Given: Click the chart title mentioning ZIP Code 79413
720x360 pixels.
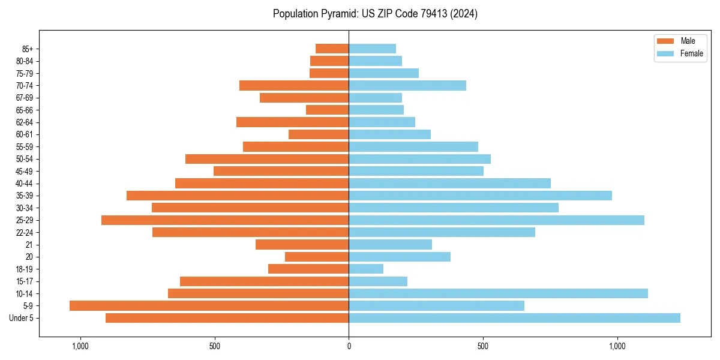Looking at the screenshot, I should pos(375,14).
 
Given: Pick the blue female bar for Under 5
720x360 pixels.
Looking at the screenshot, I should pos(514,318).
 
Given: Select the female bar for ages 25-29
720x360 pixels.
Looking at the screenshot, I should pos(496,220).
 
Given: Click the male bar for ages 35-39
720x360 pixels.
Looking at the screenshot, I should pos(238,196).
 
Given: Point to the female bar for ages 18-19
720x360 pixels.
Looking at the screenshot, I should pos(366,269).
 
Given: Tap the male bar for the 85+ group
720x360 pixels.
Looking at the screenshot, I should pos(332,49).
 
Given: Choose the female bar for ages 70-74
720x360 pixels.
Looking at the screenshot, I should pos(407,86).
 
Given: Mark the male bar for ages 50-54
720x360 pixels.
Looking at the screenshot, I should pos(267,159).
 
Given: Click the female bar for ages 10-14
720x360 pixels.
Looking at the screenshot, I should pos(498,293).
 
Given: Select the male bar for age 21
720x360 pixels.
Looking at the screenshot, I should pos(302,245).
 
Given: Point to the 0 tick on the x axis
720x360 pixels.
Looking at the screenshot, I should pos(349,346).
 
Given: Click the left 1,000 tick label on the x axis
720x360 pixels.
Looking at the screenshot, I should pos(80,346).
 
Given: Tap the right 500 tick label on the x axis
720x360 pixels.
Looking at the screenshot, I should pos(482,346).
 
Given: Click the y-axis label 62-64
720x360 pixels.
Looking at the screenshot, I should pos(24,122).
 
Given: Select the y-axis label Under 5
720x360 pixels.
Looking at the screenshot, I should pos(21,318).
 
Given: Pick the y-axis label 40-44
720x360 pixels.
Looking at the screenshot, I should pos(24,184).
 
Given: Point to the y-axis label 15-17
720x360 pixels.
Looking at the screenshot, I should pos(24,281).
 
